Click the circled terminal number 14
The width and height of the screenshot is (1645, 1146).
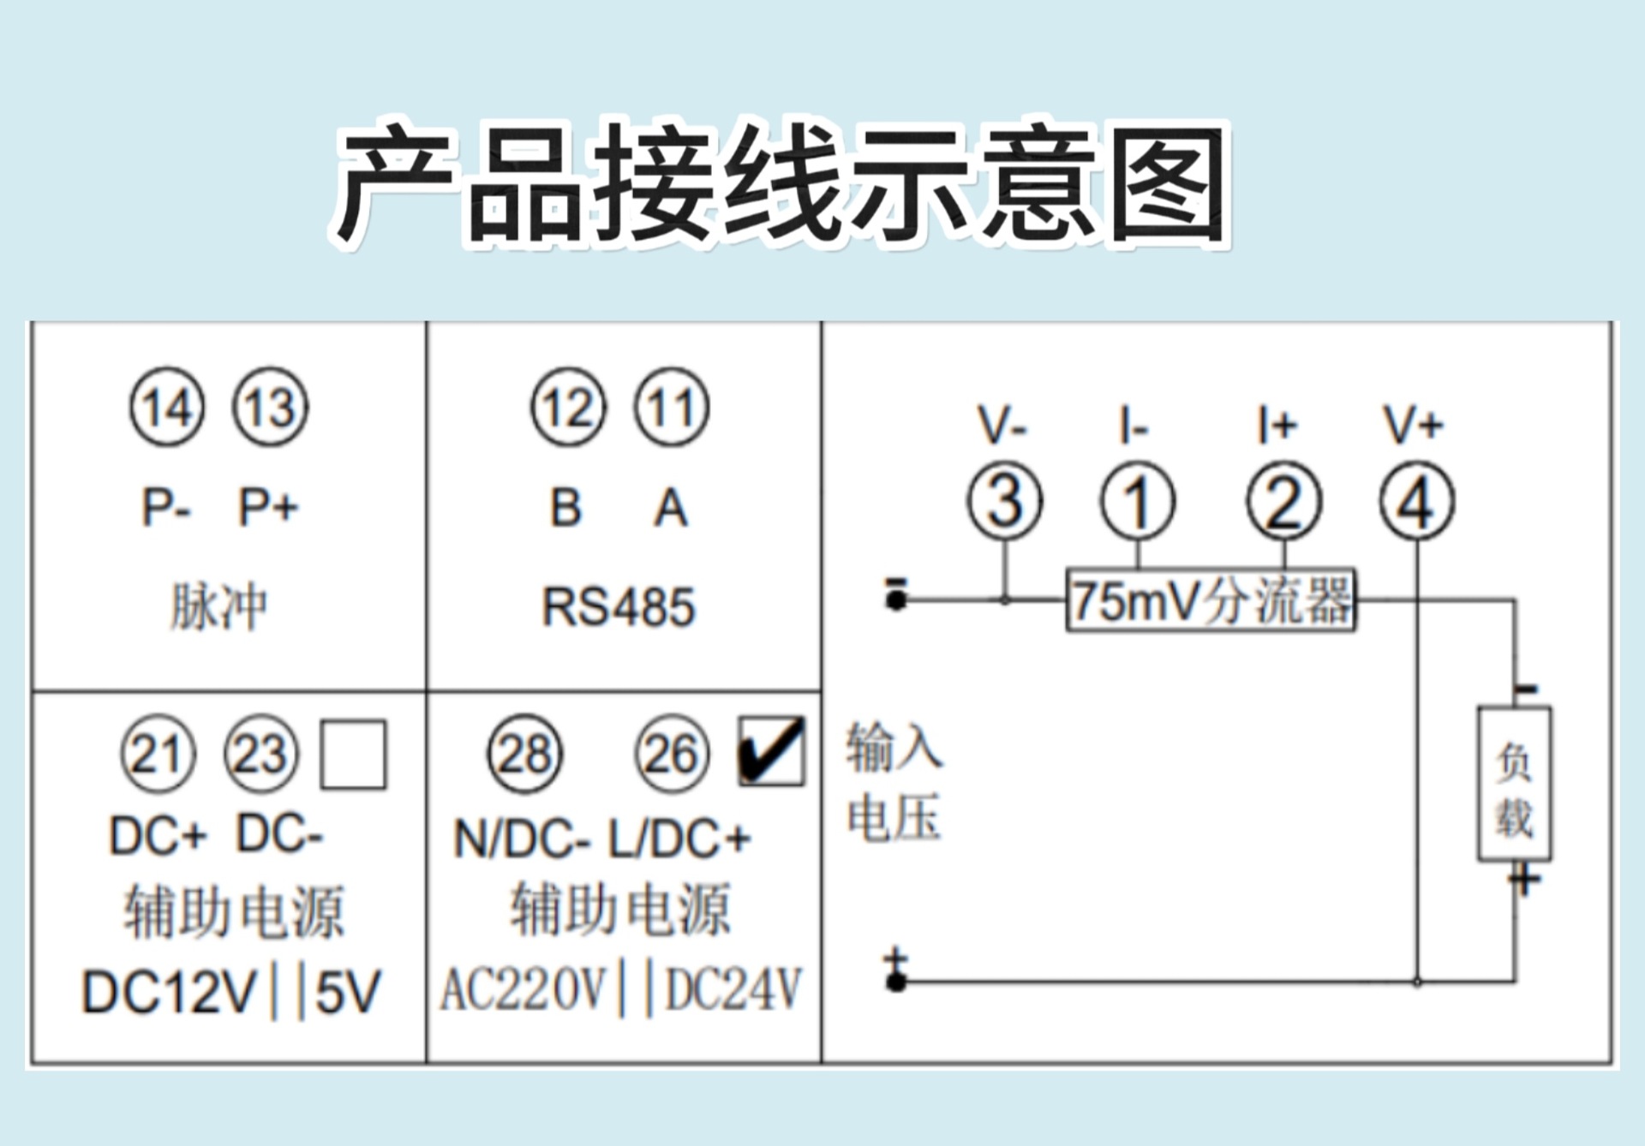tap(167, 408)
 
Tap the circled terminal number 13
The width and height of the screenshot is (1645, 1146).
tap(270, 408)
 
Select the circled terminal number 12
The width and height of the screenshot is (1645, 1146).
tap(569, 408)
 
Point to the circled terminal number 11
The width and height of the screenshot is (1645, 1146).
tap(672, 408)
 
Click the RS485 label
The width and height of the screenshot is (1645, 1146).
tap(619, 606)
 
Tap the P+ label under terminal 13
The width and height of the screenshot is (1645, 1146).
tap(268, 507)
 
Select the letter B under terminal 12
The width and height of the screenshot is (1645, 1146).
tap(565, 507)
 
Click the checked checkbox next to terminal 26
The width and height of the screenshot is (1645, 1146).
tap(771, 752)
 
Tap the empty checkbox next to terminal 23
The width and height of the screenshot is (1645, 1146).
tap(353, 755)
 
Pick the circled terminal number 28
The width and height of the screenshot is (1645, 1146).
tap(525, 755)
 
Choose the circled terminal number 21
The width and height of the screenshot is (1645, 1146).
tap(159, 755)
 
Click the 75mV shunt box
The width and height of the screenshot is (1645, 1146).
tap(1211, 600)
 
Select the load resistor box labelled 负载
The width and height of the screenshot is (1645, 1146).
tap(1514, 784)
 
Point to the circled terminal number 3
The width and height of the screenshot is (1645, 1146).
tap(1004, 501)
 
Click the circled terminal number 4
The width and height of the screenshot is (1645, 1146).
tap(1416, 501)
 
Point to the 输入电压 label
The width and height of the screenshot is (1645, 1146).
tap(894, 781)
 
